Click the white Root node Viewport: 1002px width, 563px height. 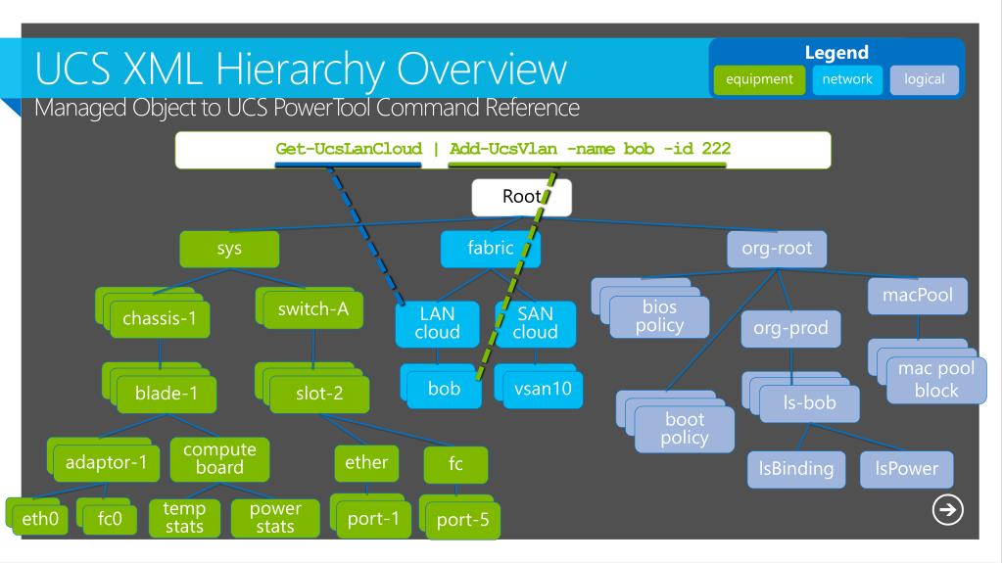518,197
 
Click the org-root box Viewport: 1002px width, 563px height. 777,250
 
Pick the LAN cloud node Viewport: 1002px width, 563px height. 438,323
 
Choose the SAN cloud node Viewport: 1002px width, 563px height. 535,323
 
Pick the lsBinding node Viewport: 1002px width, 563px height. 789,468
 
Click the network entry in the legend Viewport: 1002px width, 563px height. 849,79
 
